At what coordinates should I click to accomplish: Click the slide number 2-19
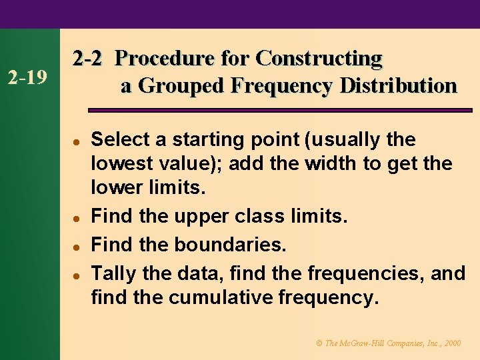point(27,79)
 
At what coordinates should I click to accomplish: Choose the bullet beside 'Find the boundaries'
point(77,245)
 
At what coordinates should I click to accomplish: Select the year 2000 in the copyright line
point(452,343)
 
